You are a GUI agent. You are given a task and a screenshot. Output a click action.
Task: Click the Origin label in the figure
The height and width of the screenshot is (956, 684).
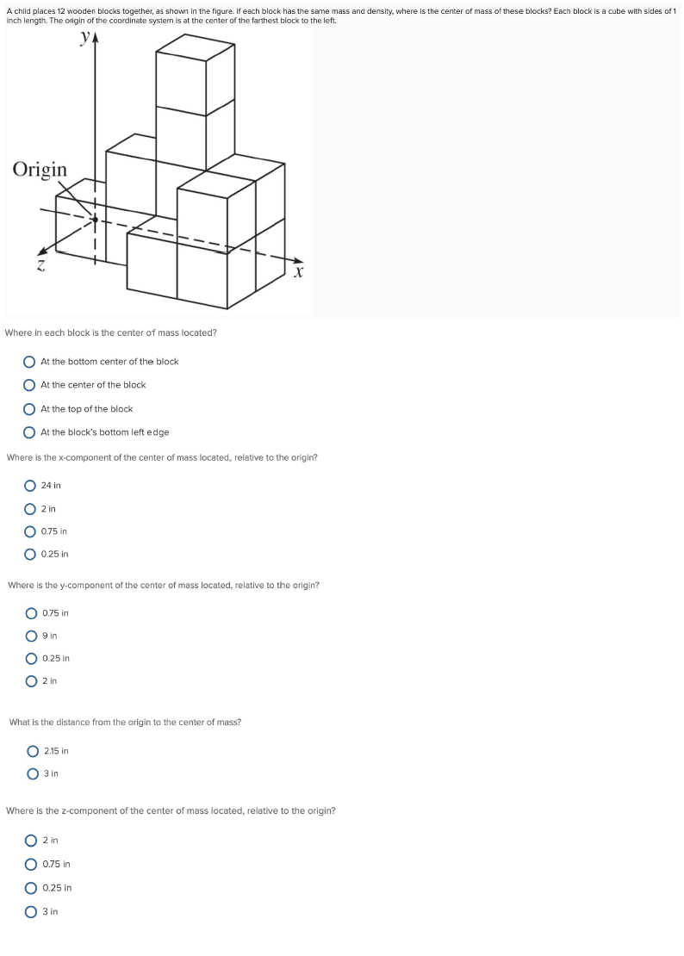[40, 169]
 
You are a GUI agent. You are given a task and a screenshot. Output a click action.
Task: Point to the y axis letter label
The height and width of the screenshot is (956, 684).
[84, 38]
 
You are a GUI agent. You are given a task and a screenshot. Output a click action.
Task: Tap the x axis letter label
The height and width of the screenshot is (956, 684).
[298, 273]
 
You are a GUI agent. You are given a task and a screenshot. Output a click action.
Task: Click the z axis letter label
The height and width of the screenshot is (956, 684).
[40, 267]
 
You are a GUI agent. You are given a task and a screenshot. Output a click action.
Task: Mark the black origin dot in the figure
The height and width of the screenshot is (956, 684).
[95, 220]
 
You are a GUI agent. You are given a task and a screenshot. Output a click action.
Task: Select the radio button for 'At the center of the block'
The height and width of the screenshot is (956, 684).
[30, 385]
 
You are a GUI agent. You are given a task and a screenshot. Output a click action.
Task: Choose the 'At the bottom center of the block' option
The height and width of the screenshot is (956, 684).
[30, 362]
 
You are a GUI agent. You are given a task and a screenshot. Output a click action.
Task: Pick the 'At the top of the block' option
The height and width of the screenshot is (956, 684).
[30, 409]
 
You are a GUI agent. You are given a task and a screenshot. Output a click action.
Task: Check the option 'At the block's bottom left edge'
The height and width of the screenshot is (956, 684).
[30, 432]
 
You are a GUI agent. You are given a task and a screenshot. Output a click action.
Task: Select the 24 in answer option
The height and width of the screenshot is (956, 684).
[31, 486]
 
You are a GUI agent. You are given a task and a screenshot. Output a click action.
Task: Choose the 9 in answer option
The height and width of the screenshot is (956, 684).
[32, 636]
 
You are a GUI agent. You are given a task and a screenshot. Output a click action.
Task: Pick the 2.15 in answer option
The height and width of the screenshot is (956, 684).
[34, 751]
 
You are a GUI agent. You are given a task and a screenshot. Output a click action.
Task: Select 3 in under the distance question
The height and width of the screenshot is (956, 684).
[34, 773]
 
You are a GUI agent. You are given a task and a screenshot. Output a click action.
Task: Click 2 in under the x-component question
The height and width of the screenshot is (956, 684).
[31, 509]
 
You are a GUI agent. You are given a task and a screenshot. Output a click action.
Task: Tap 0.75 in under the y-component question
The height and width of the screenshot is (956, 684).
[32, 614]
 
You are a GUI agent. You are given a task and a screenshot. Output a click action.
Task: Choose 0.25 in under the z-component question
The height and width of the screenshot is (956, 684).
[32, 888]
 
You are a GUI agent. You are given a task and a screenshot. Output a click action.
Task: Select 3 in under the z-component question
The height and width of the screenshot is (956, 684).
[32, 911]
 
